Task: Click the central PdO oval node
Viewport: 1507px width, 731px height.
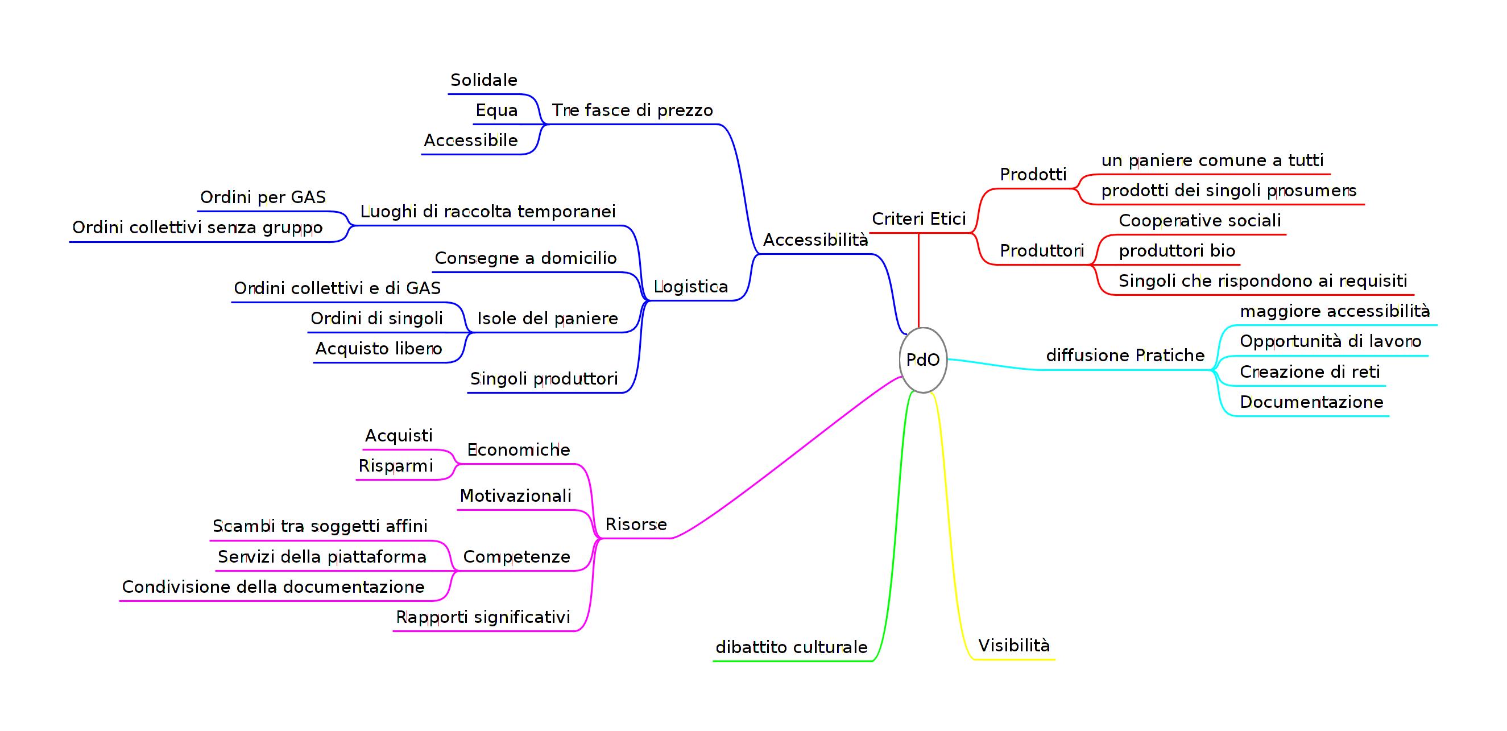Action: pos(922,360)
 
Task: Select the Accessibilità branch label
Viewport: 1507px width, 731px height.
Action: pos(815,240)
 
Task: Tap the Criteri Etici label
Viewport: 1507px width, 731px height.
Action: pos(918,219)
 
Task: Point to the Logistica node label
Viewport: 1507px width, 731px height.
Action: pos(690,287)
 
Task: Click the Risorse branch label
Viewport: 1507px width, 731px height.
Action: pos(636,524)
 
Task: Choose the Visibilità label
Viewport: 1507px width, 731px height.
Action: pos(1014,646)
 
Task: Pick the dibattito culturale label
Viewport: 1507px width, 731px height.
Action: pos(792,647)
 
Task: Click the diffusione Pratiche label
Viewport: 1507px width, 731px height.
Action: pos(1125,355)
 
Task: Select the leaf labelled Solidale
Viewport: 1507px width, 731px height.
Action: pos(484,80)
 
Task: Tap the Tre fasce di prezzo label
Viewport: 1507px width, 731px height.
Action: pos(632,110)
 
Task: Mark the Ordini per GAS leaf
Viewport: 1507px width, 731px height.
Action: pos(263,197)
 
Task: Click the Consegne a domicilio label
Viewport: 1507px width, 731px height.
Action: pos(525,258)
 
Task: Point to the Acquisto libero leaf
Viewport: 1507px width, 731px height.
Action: pos(379,349)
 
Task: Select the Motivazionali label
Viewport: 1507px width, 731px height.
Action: pos(515,496)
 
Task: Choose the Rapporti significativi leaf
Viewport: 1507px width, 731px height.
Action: pos(483,617)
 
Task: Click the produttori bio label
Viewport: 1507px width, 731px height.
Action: pos(1177,251)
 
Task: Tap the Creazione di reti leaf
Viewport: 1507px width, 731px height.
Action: pos(1310,372)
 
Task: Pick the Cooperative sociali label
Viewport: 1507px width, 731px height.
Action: pos(1200,221)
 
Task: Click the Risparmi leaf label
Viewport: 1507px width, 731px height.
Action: pos(395,466)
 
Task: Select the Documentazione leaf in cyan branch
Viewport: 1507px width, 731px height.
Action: pos(1311,402)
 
